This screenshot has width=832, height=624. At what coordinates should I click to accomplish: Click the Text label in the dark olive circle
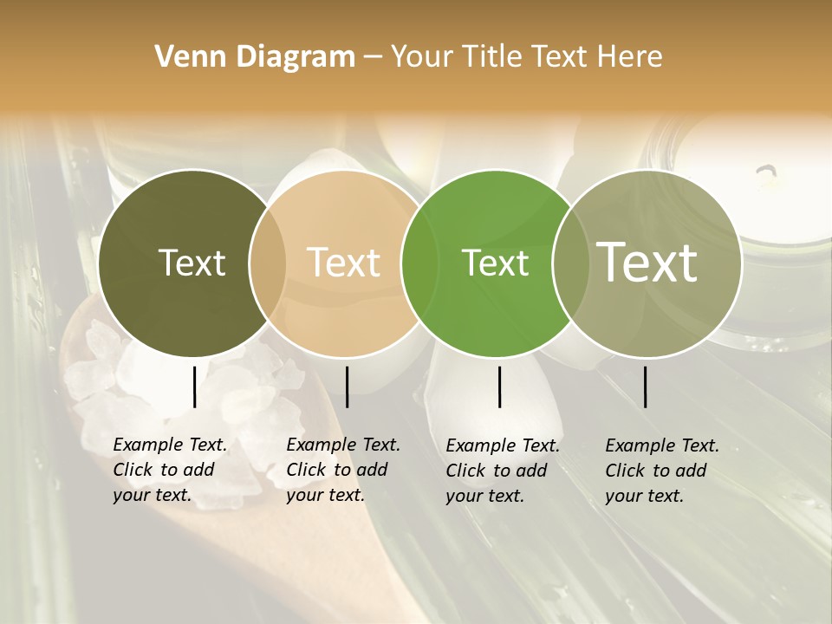pos(192,263)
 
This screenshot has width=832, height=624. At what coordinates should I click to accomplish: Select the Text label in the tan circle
pos(344,263)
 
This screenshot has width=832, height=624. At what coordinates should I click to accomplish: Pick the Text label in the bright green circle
pos(495,263)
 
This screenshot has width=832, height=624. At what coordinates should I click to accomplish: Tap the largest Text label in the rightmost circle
pos(647,263)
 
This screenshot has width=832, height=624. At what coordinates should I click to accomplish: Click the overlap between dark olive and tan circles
pos(268,263)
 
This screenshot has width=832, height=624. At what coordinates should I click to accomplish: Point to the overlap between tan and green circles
pos(420,263)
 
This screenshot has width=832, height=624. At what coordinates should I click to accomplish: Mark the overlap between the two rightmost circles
pos(571,263)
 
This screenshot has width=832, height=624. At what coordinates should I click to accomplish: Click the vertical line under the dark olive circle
pos(194,387)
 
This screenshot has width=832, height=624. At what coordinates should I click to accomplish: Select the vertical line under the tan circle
pos(347,387)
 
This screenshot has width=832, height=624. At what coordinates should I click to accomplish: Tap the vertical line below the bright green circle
pos(499,387)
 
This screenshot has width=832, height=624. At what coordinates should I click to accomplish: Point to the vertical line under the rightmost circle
pos(646,387)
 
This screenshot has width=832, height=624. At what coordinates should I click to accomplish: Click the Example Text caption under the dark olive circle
pos(169,470)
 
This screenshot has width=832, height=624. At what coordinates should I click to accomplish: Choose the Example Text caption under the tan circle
pos(342,470)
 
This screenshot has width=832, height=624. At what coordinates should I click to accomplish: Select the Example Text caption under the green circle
pos(502,471)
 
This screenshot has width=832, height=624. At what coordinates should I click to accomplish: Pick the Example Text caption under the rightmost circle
pos(661,471)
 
